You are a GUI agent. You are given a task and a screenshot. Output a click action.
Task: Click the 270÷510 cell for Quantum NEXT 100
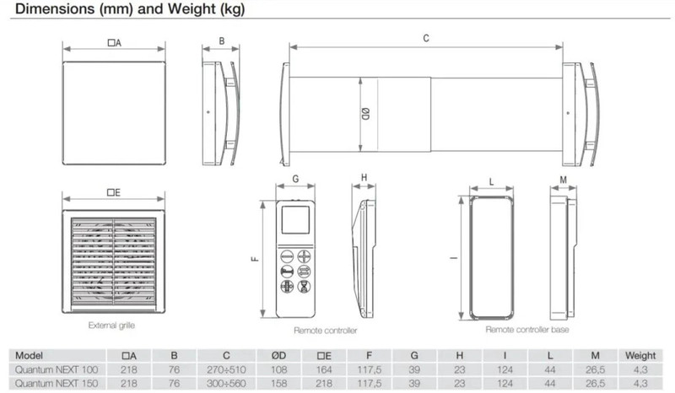click(226, 369)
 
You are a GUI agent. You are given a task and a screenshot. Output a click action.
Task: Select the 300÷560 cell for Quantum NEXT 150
click(226, 383)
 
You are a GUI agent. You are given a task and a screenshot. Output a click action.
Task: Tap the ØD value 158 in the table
click(279, 383)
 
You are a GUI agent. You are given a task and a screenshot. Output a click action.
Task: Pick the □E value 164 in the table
click(324, 369)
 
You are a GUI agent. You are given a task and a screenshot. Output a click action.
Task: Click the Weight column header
click(640, 356)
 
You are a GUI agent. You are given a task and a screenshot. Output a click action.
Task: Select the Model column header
click(29, 356)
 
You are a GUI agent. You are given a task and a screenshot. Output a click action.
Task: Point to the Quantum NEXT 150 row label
click(57, 383)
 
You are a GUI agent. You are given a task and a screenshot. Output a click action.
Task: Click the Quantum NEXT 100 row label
click(57, 369)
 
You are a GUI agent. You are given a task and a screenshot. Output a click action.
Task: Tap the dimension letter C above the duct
click(426, 38)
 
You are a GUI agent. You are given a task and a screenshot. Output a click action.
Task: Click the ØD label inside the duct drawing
click(365, 114)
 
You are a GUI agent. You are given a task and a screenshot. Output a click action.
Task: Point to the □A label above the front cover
click(115, 43)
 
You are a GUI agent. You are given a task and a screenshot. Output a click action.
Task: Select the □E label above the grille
click(114, 192)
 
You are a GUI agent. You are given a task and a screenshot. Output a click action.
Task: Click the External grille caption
click(111, 326)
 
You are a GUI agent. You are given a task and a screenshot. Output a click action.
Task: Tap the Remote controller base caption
click(526, 330)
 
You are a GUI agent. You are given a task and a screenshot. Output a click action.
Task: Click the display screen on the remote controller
click(295, 219)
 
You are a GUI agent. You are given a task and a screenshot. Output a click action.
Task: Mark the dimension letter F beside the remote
click(255, 259)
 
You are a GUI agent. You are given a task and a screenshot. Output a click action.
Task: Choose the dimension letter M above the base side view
click(563, 180)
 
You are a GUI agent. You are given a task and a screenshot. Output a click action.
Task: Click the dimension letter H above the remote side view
click(364, 177)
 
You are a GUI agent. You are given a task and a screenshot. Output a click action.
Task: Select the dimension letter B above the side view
click(222, 40)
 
